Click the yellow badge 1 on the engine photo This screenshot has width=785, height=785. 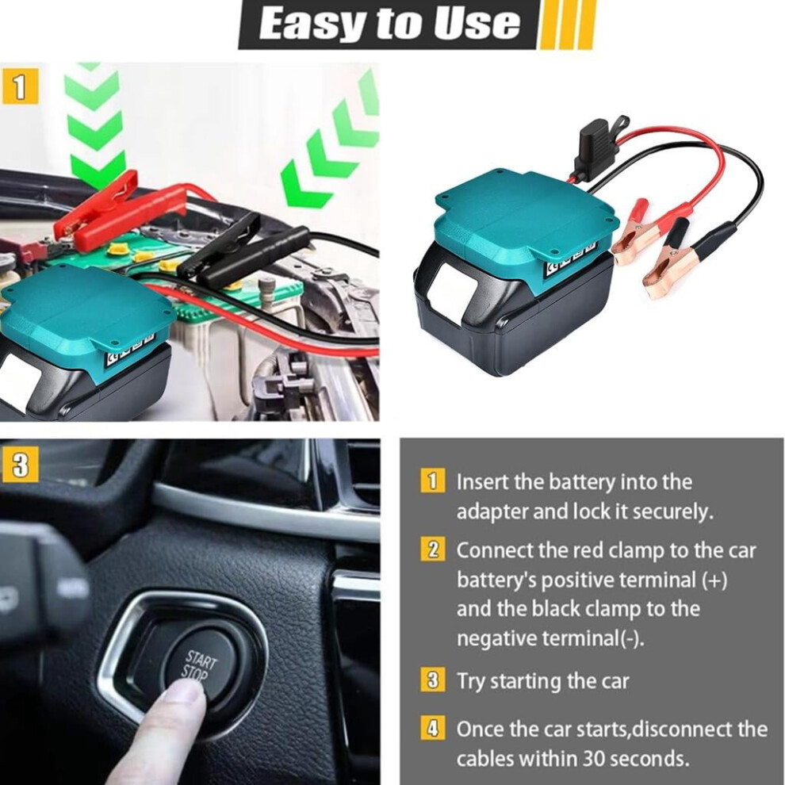[x=20, y=87]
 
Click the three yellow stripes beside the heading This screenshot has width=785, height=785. [x=566, y=25]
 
